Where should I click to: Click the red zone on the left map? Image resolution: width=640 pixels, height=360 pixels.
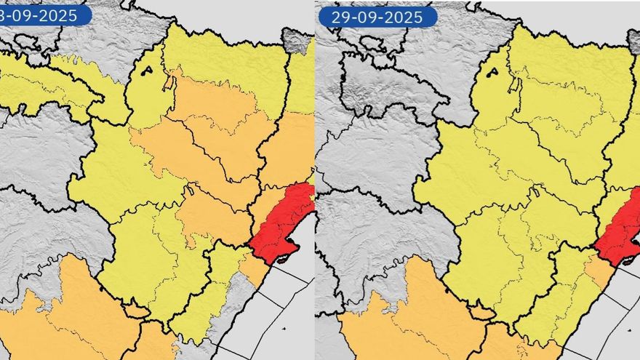pyautogui.click(x=280, y=222)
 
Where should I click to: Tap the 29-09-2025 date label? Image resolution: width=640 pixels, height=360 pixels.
pyautogui.click(x=377, y=16)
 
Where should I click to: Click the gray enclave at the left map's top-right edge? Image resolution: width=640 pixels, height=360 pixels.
pyautogui.click(x=296, y=41)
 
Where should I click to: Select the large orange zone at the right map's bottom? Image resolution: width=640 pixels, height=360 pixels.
pyautogui.click(x=407, y=320)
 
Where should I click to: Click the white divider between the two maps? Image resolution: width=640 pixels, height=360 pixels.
pyautogui.click(x=315, y=182)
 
